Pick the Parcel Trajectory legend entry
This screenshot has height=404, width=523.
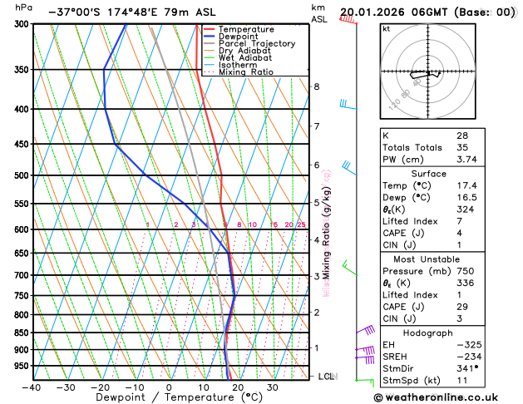(x=256, y=43)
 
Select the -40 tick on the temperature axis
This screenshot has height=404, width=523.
(x=32, y=387)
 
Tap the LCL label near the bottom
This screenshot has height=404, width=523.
(x=327, y=377)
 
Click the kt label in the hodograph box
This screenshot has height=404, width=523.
(x=387, y=29)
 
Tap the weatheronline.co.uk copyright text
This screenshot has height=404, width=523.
(x=447, y=397)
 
